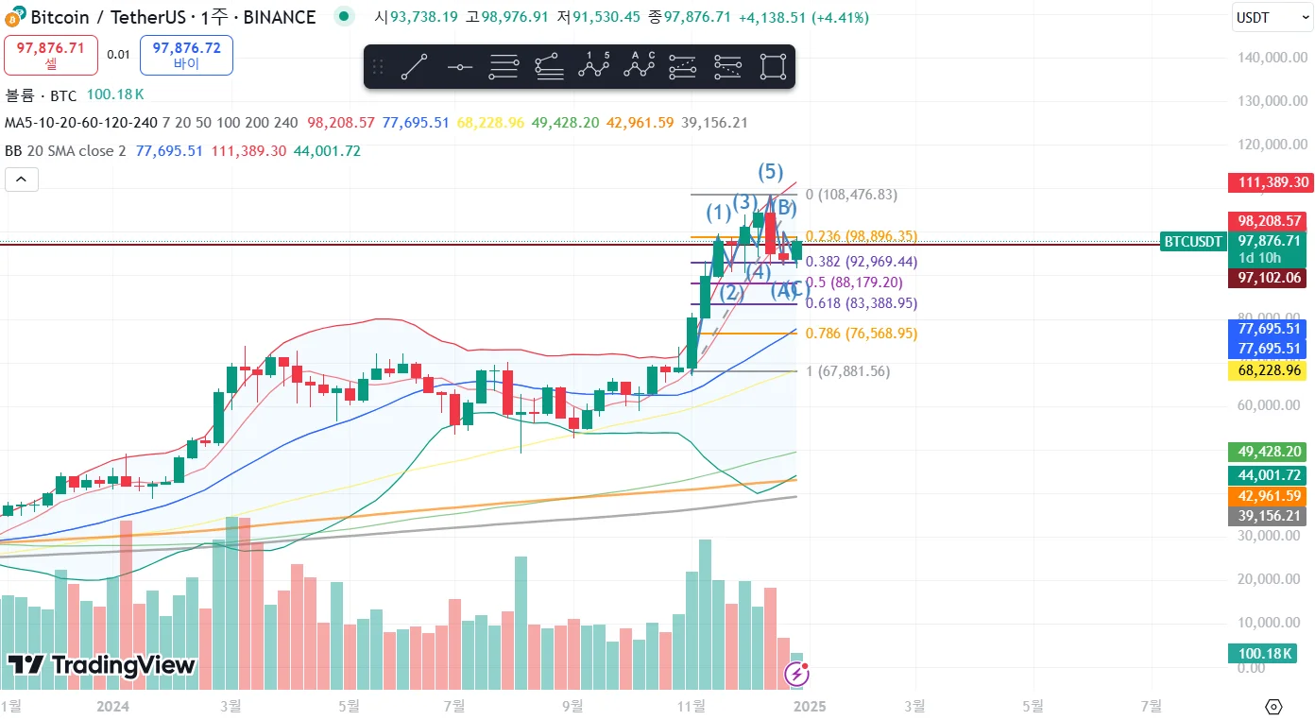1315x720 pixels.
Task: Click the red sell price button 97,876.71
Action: point(51,55)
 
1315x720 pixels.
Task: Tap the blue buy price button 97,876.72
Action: point(186,55)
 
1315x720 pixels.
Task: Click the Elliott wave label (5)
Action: point(771,172)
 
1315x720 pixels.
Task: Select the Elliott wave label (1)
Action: point(720,213)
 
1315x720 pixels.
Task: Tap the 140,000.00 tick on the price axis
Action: point(1272,58)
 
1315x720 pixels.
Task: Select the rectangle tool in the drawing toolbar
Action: point(772,67)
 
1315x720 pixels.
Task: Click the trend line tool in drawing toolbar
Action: point(414,67)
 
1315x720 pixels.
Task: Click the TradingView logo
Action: point(101,665)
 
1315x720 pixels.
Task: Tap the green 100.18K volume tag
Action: point(1261,653)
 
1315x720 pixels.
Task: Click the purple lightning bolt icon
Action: point(797,674)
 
